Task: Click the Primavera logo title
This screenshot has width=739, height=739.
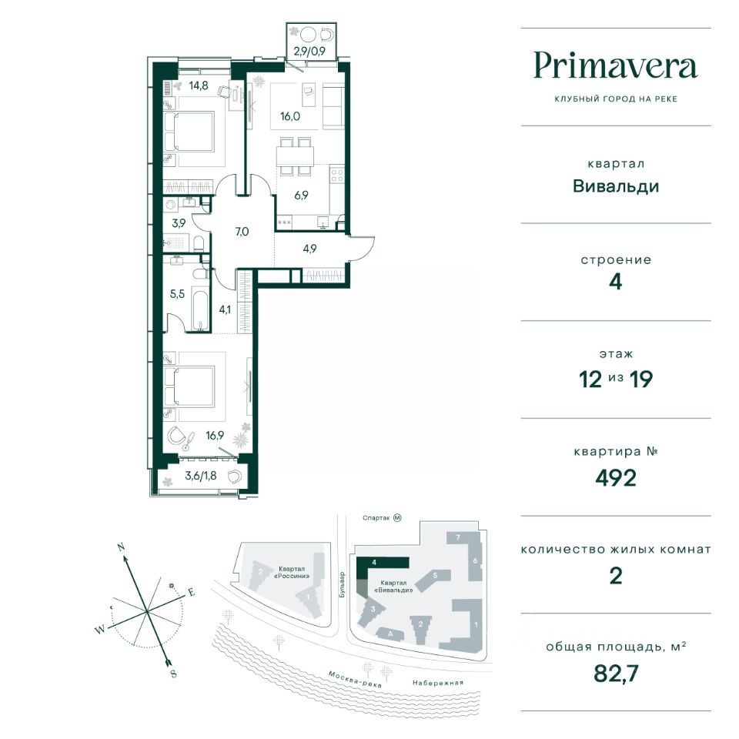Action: coord(616,66)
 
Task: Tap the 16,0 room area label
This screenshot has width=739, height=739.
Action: coord(290,116)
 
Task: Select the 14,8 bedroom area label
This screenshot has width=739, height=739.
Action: coord(199,85)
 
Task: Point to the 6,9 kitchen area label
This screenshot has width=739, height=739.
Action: coord(301,195)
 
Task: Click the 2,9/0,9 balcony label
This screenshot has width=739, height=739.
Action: coord(309,51)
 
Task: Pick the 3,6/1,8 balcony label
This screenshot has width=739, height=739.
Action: coord(201,476)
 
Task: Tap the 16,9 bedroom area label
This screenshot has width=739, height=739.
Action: coord(215,436)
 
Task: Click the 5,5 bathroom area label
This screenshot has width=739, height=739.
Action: coord(177,294)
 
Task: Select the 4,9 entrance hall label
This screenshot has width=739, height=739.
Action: coord(309,249)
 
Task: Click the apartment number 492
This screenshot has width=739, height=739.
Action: coord(616,478)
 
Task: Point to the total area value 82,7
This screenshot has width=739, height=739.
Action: coord(616,674)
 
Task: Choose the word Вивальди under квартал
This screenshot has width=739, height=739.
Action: coord(616,186)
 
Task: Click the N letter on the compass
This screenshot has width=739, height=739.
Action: coord(121,547)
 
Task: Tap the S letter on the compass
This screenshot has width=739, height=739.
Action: coord(173,674)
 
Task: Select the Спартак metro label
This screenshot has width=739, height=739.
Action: coord(376,518)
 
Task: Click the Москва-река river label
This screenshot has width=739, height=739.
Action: coord(354,679)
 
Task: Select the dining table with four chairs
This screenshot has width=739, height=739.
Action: coord(295,156)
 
